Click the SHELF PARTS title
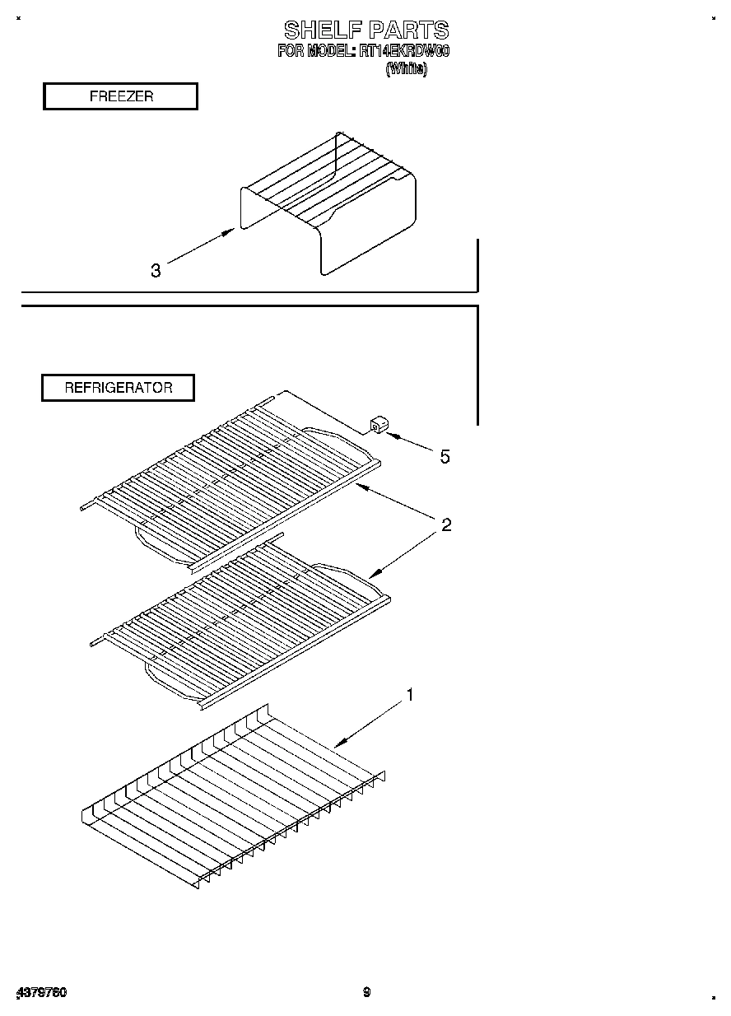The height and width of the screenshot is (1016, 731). coord(366,31)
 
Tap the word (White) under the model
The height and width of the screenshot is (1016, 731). coord(407,70)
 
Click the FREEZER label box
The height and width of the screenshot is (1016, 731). coord(120,96)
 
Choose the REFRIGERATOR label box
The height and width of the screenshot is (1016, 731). coord(119,388)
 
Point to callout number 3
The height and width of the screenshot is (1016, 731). coord(156,270)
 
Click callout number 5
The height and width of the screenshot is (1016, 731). coord(445,456)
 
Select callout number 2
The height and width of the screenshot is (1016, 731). coord(445,524)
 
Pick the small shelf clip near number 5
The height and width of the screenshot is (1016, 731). coord(379,424)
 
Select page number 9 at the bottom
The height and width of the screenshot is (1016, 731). coord(366,992)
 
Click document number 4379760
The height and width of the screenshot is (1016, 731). coord(41,993)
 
